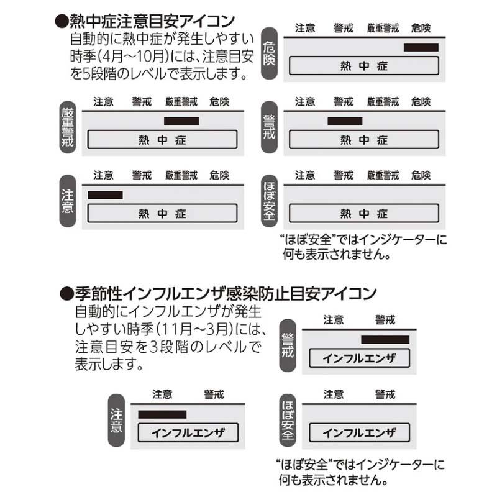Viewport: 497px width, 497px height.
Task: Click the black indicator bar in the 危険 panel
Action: [x=421, y=47]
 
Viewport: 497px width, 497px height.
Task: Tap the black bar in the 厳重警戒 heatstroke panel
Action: [x=181, y=121]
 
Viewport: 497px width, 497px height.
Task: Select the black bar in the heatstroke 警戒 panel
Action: [x=345, y=121]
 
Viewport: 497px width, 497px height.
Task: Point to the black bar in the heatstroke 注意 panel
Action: [x=106, y=195]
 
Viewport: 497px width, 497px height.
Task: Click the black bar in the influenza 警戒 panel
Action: [x=385, y=339]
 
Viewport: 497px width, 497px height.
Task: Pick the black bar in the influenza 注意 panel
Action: [x=162, y=414]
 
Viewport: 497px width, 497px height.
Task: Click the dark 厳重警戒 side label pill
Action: [x=68, y=128]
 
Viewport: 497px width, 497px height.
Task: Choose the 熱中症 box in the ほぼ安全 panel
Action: [x=364, y=214]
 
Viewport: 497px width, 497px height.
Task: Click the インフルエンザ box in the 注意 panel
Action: [x=188, y=433]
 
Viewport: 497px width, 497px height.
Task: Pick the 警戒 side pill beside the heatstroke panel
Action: [x=269, y=128]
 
